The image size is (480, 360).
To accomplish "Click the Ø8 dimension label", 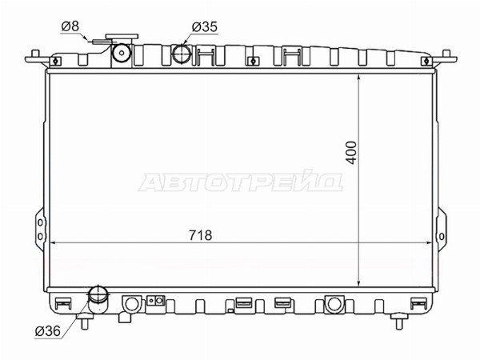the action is (x=70, y=26).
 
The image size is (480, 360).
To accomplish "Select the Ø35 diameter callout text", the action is (x=205, y=26).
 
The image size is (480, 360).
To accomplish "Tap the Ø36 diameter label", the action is (x=48, y=331).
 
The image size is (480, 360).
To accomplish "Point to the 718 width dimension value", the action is (x=200, y=235).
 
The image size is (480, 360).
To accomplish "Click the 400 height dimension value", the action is (x=352, y=153).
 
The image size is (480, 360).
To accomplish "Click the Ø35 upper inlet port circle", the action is (x=182, y=54).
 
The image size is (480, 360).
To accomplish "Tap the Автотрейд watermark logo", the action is (x=240, y=182).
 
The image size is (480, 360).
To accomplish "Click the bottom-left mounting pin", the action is (x=85, y=323).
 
